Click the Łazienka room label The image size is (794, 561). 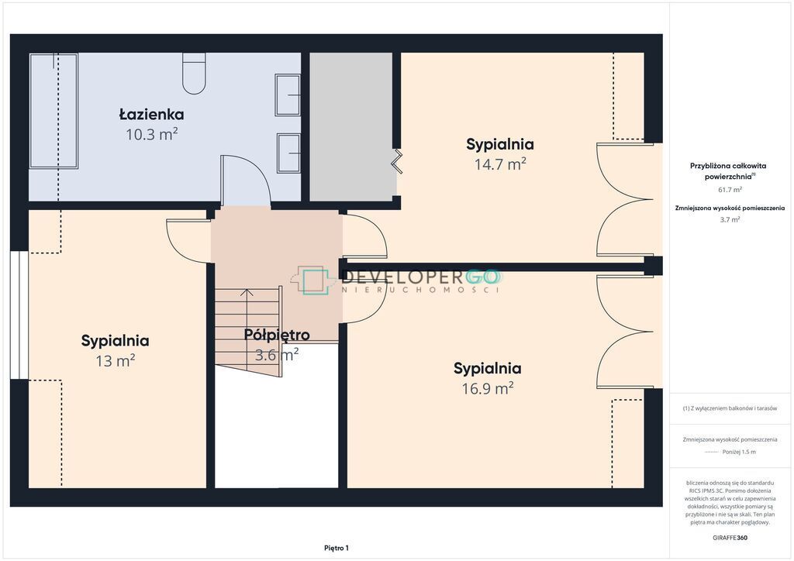pos(151,115)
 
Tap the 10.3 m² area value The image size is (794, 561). pos(151,135)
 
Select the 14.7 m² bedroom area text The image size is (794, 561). pos(500,164)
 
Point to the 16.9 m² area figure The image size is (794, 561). pos(487,388)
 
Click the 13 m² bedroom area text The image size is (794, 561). pos(115,360)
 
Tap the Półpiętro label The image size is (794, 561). pos(277,335)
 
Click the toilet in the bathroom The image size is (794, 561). pos(194,74)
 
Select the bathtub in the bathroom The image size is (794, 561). pos(54,111)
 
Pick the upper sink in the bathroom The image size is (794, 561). pos(288,95)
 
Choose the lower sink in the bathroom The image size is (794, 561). pos(288,153)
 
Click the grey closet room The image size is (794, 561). pos(351,126)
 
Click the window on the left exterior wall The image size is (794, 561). pos(19,315)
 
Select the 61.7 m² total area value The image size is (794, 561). pos(730,190)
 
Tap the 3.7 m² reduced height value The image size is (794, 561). pos(730,219)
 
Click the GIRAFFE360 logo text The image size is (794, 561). pos(730,538)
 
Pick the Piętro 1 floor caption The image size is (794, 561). pos(337,548)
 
